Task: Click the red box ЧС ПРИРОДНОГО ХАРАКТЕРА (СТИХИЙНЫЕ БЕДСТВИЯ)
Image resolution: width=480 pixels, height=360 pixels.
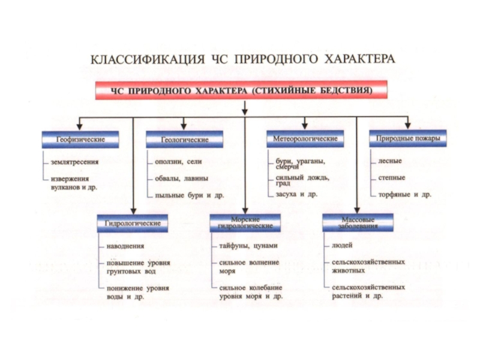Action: click(x=241, y=91)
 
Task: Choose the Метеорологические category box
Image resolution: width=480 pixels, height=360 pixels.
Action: click(x=305, y=139)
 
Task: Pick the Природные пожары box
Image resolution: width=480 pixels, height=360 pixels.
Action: click(x=407, y=139)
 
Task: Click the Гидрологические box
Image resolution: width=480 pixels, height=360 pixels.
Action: click(x=133, y=223)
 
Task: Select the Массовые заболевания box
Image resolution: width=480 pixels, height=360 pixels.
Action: click(x=359, y=223)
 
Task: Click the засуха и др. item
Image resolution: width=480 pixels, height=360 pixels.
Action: click(x=296, y=195)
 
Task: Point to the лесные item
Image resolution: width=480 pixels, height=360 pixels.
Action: click(x=390, y=161)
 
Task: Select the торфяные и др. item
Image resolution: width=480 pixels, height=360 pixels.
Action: click(x=404, y=195)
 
